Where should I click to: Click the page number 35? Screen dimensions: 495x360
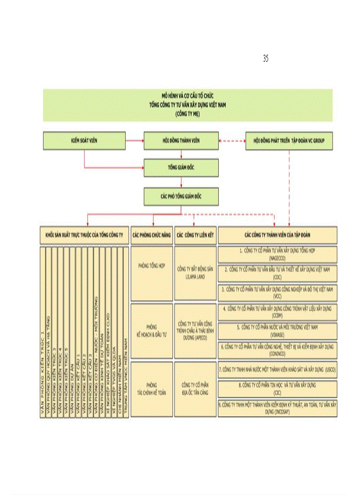click(x=266, y=59)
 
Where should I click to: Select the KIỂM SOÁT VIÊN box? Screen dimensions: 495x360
click(x=84, y=141)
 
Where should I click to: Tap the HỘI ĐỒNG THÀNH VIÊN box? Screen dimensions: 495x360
click(x=181, y=141)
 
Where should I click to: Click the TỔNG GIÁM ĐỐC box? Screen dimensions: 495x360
click(x=181, y=168)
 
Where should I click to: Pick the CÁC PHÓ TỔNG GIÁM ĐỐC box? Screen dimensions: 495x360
click(x=181, y=196)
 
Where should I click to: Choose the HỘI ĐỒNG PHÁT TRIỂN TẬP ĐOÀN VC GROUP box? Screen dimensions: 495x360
click(x=289, y=141)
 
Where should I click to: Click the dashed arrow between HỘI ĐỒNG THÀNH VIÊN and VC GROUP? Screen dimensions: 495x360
click(x=232, y=141)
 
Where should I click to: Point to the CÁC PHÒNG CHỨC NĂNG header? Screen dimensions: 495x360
click(x=151, y=235)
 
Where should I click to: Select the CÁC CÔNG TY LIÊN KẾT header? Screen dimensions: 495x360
click(x=195, y=235)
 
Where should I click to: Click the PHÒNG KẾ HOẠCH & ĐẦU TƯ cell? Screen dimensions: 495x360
click(x=151, y=331)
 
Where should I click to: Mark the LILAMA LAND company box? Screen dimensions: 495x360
click(x=195, y=273)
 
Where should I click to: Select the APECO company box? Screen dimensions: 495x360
click(x=195, y=331)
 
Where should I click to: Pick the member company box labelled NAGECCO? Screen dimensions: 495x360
click(x=277, y=254)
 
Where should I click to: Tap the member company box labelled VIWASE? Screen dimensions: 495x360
click(x=277, y=331)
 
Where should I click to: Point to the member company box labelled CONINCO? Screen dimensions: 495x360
click(x=277, y=350)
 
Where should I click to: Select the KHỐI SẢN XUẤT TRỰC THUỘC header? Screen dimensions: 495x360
click(x=84, y=235)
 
